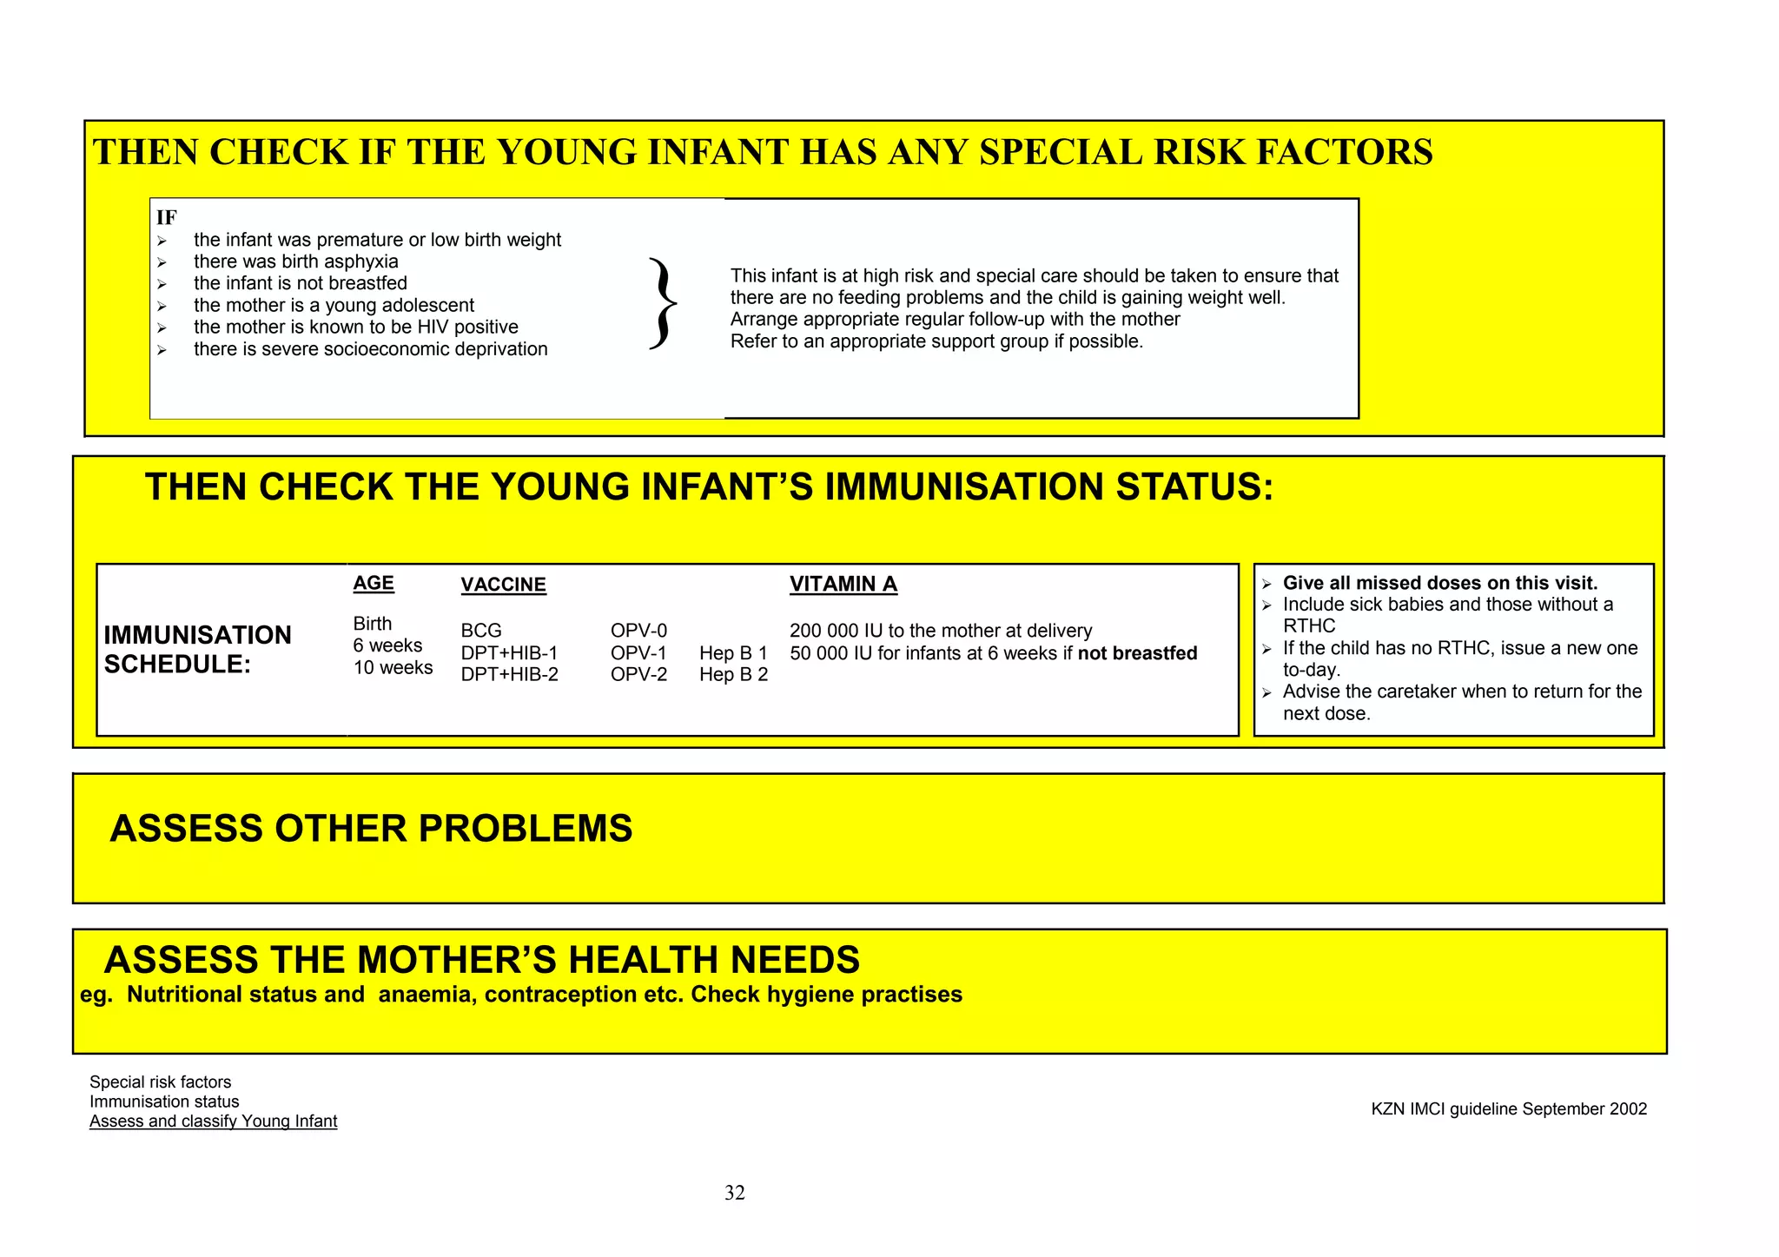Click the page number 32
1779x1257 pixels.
(x=734, y=1193)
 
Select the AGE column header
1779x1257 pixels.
(x=373, y=583)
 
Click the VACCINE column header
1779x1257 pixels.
(x=503, y=585)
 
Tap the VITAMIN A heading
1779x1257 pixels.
(x=843, y=584)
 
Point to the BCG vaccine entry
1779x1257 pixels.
(x=481, y=631)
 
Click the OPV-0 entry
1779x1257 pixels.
(x=638, y=631)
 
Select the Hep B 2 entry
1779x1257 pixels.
(x=733, y=675)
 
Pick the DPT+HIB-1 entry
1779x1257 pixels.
(x=509, y=653)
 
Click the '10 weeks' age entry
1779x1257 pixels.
(x=393, y=667)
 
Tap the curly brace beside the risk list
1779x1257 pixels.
(x=663, y=304)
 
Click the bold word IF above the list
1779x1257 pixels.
(x=166, y=217)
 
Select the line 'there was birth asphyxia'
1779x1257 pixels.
(x=295, y=261)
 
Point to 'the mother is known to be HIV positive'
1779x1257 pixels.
(x=355, y=327)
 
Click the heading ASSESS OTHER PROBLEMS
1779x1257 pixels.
(x=371, y=828)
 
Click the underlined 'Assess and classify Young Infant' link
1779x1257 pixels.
(x=213, y=1121)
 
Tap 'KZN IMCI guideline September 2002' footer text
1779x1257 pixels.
(x=1508, y=1108)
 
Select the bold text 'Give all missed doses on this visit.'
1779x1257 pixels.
(x=1439, y=583)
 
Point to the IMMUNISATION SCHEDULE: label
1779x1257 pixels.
(x=197, y=649)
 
